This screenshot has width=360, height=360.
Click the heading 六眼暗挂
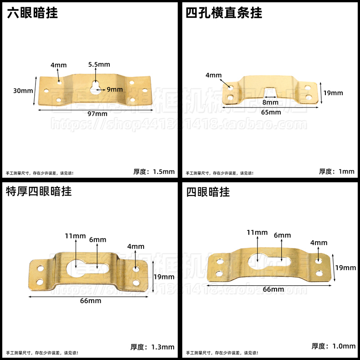tap(32, 13)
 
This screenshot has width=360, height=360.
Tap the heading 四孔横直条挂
tap(224, 13)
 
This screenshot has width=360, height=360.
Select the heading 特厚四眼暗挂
tap(39, 191)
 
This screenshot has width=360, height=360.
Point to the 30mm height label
tap(23, 91)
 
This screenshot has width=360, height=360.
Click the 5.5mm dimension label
tap(99, 65)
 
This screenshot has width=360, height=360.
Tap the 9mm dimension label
tap(115, 89)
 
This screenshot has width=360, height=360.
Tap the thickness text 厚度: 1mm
tap(336, 172)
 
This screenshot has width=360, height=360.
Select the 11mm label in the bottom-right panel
tap(257, 233)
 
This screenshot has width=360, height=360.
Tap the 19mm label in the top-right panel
tap(333, 93)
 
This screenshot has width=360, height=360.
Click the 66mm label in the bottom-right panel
tap(273, 289)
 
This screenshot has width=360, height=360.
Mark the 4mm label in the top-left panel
tap(58, 65)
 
